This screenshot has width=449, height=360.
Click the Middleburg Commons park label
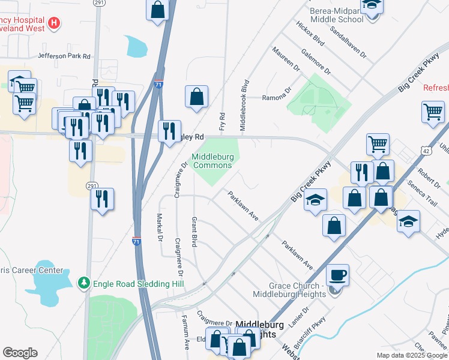(x=211, y=161)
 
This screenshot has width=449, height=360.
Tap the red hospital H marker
(x=54, y=23)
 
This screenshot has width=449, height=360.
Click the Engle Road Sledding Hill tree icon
(x=85, y=282)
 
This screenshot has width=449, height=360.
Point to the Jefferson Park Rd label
(x=64, y=56)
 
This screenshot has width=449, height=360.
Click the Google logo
(x=20, y=353)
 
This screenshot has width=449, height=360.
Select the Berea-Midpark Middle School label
(x=337, y=15)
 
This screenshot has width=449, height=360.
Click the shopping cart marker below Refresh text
(x=433, y=111)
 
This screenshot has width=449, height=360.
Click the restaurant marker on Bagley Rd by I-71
(x=169, y=130)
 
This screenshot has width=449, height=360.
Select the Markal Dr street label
(x=160, y=228)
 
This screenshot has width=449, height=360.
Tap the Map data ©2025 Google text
(x=411, y=355)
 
